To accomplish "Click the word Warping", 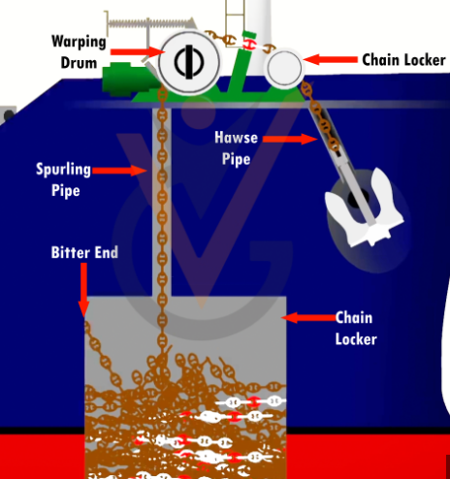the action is click(x=79, y=42).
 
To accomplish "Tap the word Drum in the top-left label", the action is click(x=79, y=63).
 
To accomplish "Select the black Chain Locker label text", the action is click(x=403, y=60).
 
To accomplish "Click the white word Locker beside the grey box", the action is click(x=356, y=339).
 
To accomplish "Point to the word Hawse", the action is click(x=237, y=138).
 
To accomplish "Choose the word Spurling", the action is click(x=63, y=170).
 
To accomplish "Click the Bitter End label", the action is click(x=84, y=252).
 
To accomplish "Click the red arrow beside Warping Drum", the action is click(x=136, y=51).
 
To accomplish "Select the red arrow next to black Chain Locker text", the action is click(x=330, y=59).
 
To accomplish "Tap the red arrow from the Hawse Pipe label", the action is click(x=290, y=139).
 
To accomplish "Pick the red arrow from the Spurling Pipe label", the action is click(x=119, y=171).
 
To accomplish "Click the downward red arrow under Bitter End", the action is click(x=83, y=290).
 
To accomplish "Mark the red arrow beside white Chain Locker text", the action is click(x=308, y=317).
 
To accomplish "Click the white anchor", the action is click(x=366, y=210).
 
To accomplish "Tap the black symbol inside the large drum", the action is click(x=189, y=62).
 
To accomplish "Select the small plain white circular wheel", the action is click(x=284, y=68).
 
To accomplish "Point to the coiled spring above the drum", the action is click(x=151, y=22).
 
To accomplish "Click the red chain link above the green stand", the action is click(x=250, y=45).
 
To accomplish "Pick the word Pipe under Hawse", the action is click(x=237, y=159).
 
